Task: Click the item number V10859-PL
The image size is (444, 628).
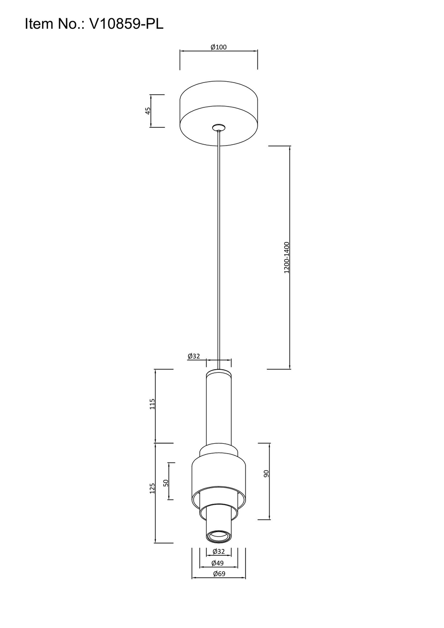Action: click(126, 24)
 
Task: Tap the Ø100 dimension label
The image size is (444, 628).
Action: click(218, 47)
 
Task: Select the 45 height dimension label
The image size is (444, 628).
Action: click(148, 111)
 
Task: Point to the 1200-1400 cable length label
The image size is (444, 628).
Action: click(286, 257)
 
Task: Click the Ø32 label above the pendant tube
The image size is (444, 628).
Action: click(194, 356)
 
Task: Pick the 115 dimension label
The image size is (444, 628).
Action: click(152, 404)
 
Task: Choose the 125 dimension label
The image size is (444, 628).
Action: click(152, 488)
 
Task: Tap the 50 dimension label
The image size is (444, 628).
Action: click(166, 482)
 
